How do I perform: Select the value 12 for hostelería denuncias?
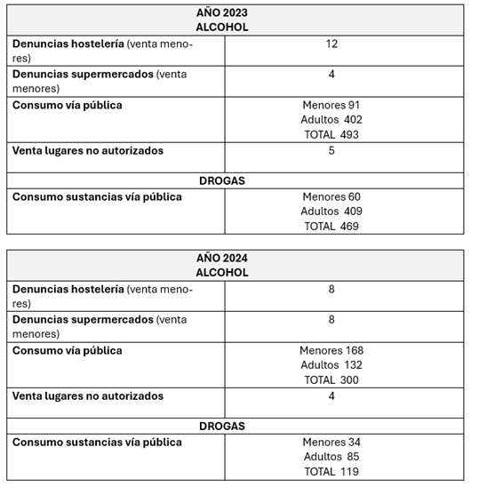pos(331,44)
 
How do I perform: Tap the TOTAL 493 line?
pos(331,135)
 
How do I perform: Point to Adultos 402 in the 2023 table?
pos(331,120)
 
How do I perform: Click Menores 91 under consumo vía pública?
pos(331,105)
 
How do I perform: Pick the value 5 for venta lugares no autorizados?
pos(331,150)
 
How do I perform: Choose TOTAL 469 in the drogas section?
pos(331,227)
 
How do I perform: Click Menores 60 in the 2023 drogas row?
pos(331,196)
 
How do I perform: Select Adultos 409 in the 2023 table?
pos(331,212)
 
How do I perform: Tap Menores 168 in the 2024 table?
pos(331,350)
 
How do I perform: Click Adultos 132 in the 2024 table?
pos(331,365)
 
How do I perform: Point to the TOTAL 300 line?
pos(331,380)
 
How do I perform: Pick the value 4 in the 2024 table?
pos(331,395)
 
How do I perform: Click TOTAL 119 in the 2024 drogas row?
pos(331,472)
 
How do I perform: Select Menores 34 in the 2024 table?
pos(331,442)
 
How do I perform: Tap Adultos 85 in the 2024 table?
pos(331,457)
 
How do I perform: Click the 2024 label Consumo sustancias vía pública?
pos(97,442)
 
